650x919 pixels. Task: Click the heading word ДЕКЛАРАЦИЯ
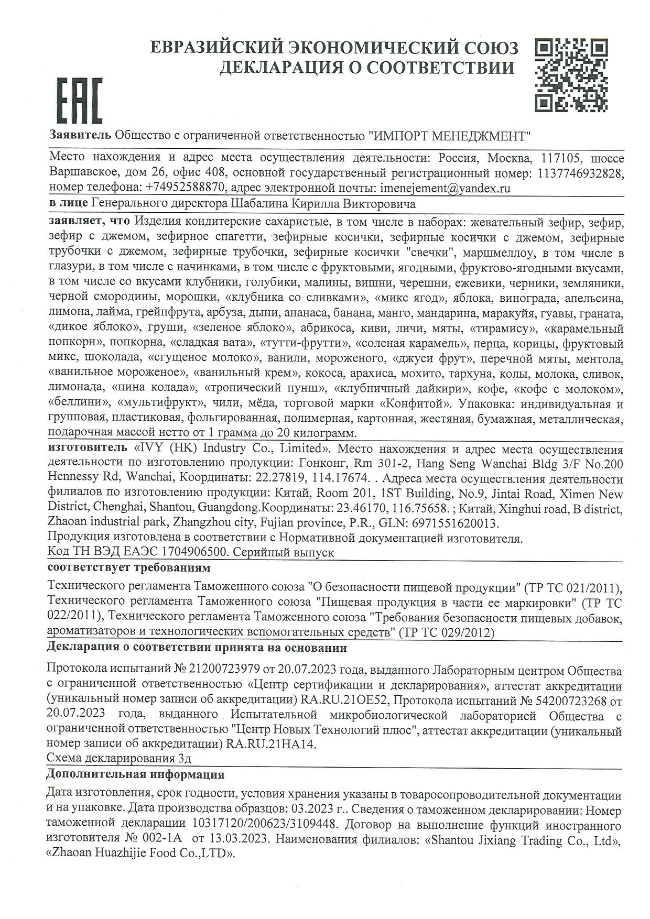284,67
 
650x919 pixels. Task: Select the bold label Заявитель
80,135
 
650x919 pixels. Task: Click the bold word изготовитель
87,449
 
